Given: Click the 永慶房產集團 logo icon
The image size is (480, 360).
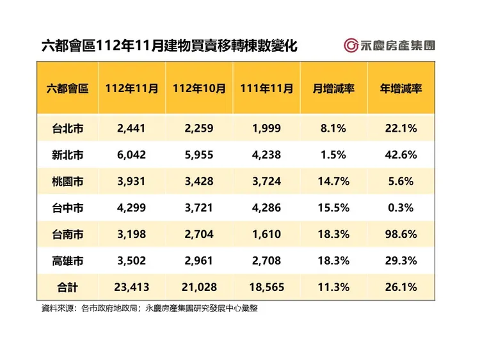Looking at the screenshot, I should coord(351,45).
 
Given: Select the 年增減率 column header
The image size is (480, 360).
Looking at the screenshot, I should coord(401,89).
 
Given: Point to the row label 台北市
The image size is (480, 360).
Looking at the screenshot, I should coord(68,129).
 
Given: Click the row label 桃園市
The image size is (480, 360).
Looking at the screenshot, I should coord(68,182).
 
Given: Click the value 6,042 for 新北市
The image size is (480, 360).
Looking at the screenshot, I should coord(132,155).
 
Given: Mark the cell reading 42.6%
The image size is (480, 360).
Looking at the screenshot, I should coord(401,155).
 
